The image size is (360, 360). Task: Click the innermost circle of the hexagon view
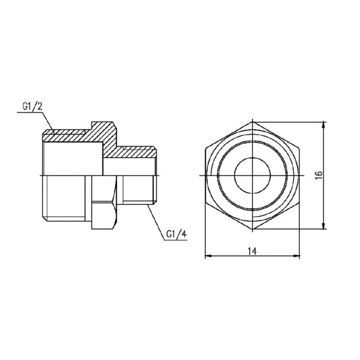click(x=252, y=176)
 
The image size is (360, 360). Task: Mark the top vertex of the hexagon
click(x=252, y=121)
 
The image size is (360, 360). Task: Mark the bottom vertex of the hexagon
click(x=252, y=230)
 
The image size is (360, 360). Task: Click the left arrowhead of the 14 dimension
click(x=207, y=256)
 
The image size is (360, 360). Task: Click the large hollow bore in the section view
click(x=72, y=158)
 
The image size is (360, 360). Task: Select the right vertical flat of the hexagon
click(x=300, y=176)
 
